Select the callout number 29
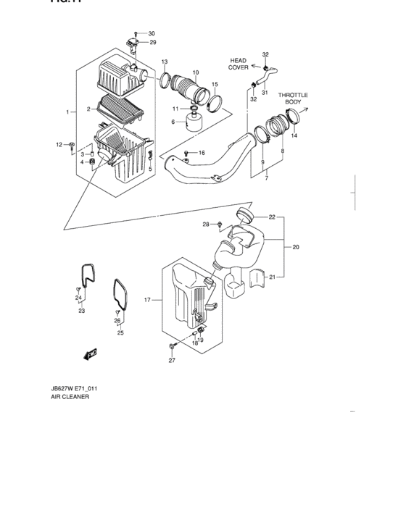coord(152,43)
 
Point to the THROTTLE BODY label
coord(292,99)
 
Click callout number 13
coord(165,62)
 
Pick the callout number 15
coord(215,84)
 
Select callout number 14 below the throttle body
coord(294,135)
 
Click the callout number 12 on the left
coord(60,146)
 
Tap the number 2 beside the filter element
coord(88,109)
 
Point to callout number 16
coord(202,153)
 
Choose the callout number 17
coord(147,299)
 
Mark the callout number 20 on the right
coord(295,248)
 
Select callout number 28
coord(205,225)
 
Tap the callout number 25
coord(120,333)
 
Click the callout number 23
coord(82,311)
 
